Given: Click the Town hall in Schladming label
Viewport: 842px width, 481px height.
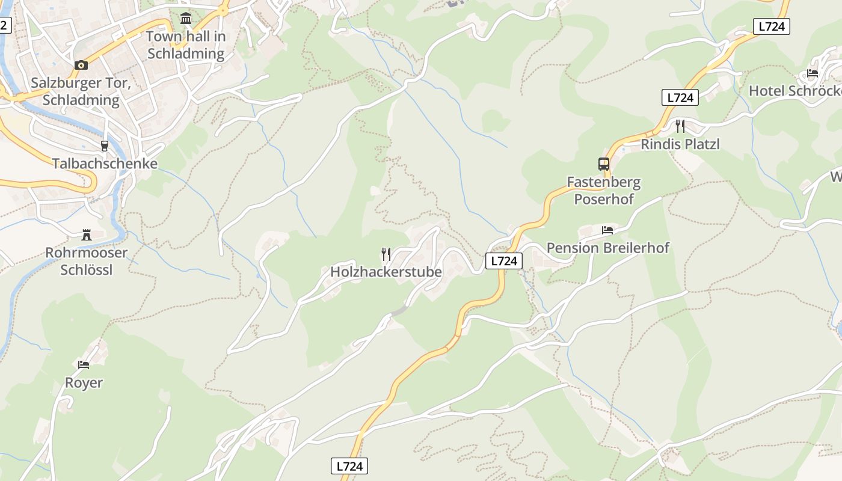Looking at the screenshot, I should click(186, 45).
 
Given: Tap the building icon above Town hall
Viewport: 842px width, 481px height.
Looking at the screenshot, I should click(186, 19).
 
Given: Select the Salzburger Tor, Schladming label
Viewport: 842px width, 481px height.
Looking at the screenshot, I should click(81, 91).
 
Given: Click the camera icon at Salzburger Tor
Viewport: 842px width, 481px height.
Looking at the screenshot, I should click(81, 65).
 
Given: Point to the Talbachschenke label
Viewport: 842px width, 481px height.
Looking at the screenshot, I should click(105, 164).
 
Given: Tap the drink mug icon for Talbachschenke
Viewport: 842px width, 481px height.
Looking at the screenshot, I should click(105, 146).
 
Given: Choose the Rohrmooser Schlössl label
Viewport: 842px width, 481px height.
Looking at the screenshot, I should click(87, 261).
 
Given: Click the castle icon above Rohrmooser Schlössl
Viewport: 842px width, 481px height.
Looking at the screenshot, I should click(87, 235).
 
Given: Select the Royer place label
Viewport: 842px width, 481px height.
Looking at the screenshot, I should click(84, 383).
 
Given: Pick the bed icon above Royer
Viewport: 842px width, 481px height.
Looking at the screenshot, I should click(84, 364).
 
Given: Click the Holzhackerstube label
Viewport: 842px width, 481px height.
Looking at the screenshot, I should click(386, 272).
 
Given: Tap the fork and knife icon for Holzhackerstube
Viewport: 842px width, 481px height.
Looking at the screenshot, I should click(386, 254).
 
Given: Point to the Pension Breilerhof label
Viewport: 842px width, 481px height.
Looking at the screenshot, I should click(607, 248).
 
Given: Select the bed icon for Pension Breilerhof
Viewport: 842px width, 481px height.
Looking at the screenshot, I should click(607, 230).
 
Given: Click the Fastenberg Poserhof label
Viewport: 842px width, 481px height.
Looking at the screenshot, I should click(604, 190).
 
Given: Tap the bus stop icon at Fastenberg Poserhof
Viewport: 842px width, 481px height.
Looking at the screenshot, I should click(604, 164).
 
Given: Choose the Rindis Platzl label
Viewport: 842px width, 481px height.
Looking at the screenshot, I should click(680, 144).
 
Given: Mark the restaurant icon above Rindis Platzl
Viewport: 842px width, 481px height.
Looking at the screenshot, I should click(680, 126).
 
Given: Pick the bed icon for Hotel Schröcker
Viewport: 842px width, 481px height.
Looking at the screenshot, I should click(813, 73).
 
